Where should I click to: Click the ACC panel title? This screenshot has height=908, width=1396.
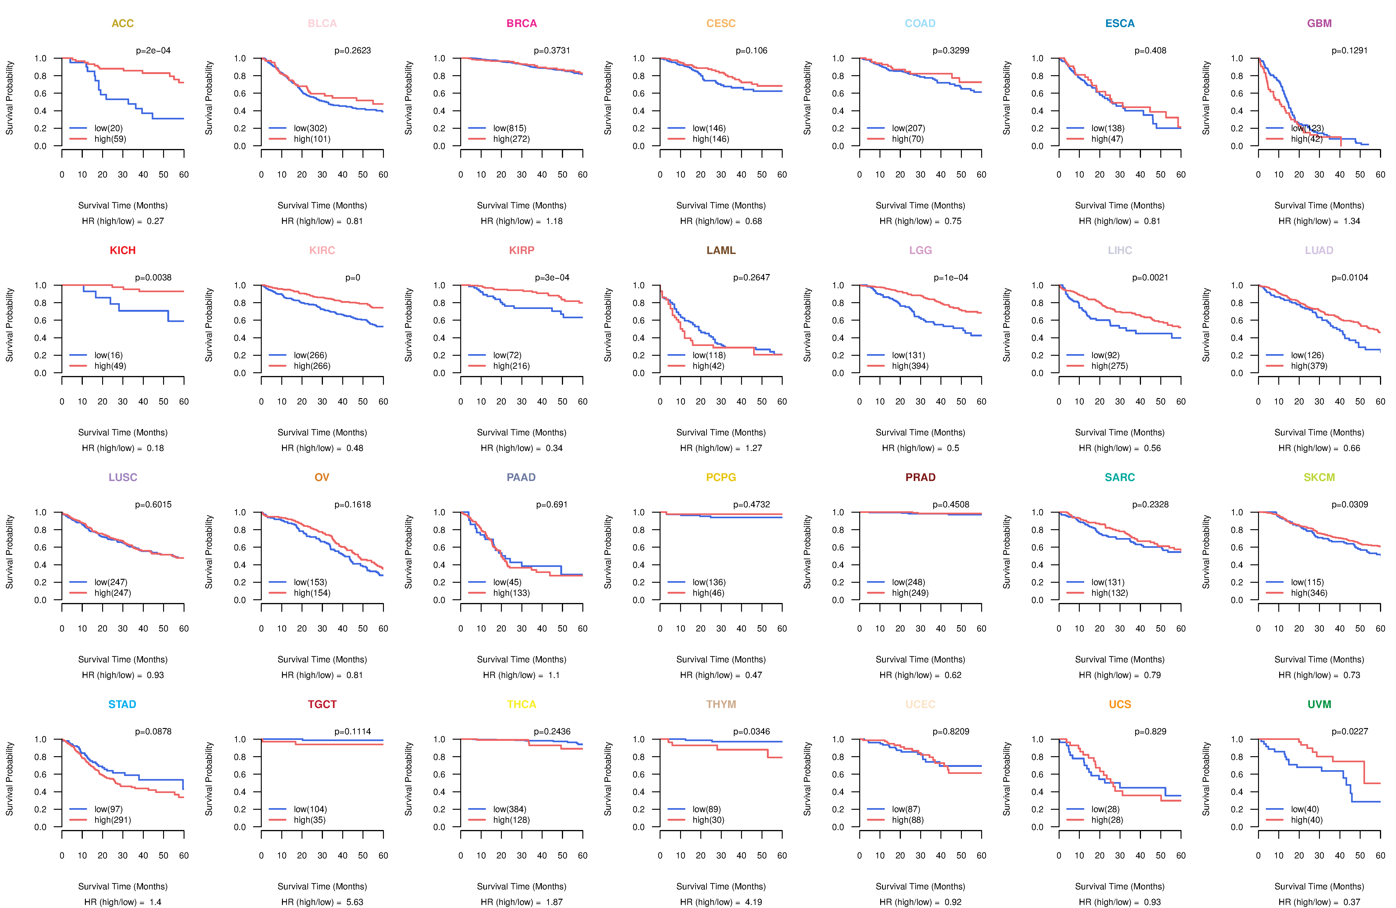(123, 24)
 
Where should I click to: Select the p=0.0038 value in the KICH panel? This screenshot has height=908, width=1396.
(153, 278)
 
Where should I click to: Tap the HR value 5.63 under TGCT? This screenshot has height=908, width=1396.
(354, 902)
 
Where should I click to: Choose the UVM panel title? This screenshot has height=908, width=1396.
(1319, 704)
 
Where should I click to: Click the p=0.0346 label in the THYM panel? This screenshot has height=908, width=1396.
(751, 731)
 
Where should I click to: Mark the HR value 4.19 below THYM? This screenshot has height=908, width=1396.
(753, 902)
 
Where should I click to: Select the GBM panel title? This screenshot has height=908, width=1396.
(1319, 24)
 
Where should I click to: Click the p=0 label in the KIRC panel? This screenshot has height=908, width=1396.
(352, 278)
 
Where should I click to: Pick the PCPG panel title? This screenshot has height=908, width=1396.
(721, 477)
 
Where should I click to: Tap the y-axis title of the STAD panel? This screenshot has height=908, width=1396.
(9, 779)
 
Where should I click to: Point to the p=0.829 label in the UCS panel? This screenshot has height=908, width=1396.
(1150, 731)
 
